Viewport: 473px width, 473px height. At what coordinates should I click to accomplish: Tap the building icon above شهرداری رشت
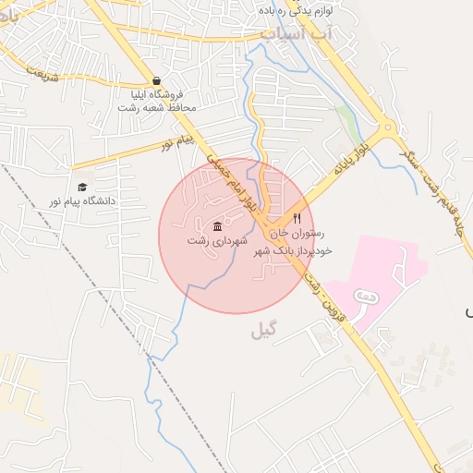pos(217,226)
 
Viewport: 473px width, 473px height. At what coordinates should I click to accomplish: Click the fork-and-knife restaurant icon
pos(297,219)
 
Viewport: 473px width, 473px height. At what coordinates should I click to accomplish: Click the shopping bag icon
pos(156,80)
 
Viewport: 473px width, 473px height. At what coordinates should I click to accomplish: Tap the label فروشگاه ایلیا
pos(157,94)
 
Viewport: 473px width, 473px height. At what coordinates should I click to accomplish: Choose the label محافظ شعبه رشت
pos(157,107)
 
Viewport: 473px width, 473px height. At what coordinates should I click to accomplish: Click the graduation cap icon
pos(82,188)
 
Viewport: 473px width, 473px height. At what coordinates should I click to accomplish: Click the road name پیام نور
pos(180,141)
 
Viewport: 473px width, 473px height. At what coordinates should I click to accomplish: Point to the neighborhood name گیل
pos(263,331)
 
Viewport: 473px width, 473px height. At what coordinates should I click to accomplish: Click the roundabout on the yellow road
pos(387,128)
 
